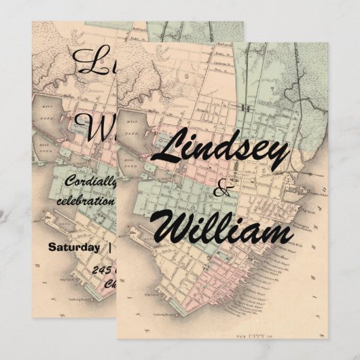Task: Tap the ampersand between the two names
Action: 221,192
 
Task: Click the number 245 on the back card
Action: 103,270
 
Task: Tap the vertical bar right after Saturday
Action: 109,247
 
